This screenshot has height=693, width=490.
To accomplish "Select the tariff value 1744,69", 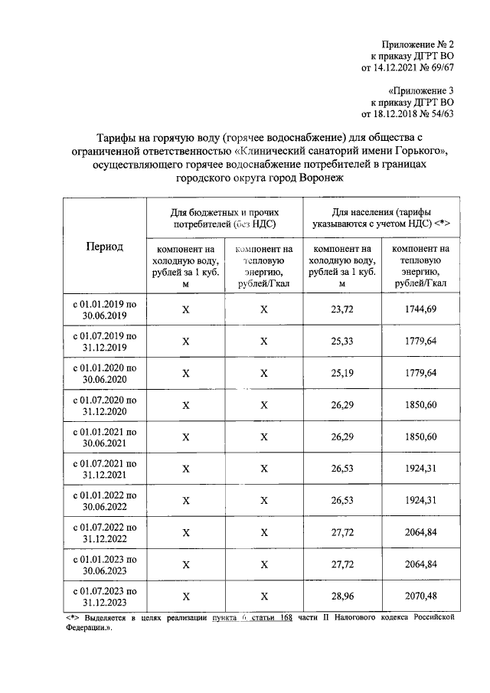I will pos(421,309).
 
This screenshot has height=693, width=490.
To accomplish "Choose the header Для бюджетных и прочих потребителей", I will pos(224,217).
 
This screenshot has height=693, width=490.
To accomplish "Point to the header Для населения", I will pos(381,217).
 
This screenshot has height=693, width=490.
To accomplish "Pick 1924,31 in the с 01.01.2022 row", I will pos(421,500).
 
